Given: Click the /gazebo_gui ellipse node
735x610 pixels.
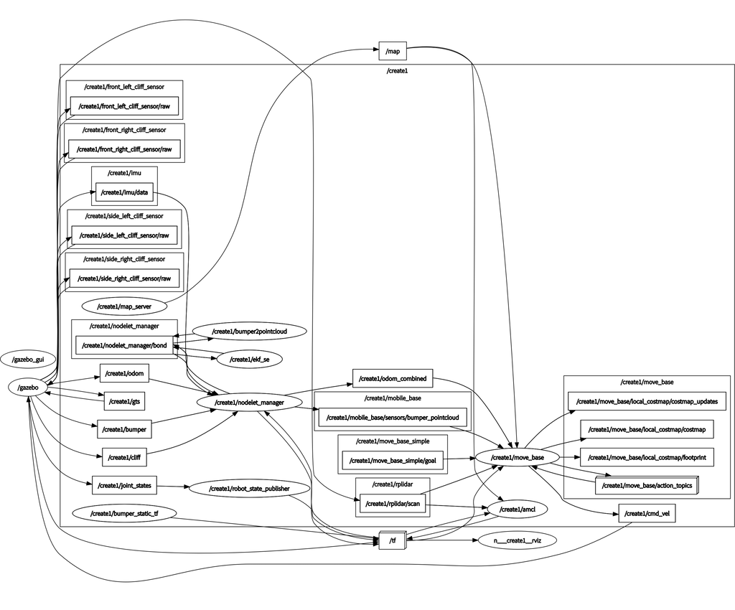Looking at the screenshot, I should [28, 358].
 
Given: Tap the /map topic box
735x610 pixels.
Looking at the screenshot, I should [393, 51].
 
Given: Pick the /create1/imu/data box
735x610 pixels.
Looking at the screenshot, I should [124, 192].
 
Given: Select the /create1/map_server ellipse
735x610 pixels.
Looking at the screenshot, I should [124, 306].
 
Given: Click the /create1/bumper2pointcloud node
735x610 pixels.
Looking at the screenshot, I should [249, 332].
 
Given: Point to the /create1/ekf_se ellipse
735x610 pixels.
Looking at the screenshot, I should [245, 359].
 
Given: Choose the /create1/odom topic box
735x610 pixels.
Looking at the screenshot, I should [124, 373].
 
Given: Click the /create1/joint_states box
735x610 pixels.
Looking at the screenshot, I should [124, 486].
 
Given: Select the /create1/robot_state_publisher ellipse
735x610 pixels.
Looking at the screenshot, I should [249, 489].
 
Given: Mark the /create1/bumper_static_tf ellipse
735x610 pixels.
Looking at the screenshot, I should [124, 514].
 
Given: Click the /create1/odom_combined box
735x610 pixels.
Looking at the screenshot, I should [393, 378].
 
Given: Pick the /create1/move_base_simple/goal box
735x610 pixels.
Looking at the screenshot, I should [393, 461].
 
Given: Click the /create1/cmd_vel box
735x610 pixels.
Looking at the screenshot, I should [646, 514].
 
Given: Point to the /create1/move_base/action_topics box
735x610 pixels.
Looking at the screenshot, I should [647, 486].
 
